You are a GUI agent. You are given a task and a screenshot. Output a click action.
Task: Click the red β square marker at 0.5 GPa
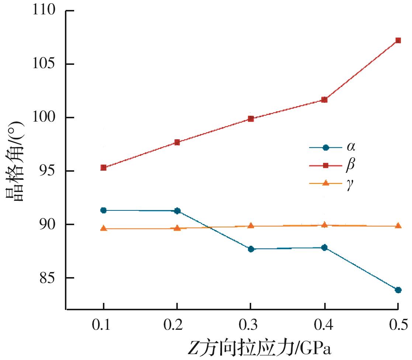(398, 40)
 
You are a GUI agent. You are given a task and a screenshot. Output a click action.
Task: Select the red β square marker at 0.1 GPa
(104, 168)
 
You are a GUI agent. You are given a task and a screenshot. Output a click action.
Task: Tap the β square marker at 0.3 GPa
(251, 119)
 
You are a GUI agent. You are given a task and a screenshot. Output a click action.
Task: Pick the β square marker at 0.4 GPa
(324, 99)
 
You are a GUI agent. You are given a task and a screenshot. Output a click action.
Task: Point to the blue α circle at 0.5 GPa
(398, 290)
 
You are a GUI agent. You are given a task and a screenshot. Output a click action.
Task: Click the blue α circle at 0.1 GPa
(104, 210)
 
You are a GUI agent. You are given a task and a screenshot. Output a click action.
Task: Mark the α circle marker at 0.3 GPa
(251, 249)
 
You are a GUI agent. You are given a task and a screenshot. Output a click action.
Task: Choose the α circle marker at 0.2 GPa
(177, 211)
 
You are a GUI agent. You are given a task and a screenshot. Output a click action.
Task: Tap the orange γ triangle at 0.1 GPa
(104, 228)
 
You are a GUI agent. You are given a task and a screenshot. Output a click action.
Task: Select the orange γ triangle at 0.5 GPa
(398, 226)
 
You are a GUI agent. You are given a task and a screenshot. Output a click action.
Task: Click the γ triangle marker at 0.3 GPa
(251, 226)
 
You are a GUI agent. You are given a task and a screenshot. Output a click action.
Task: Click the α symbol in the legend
(350, 147)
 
